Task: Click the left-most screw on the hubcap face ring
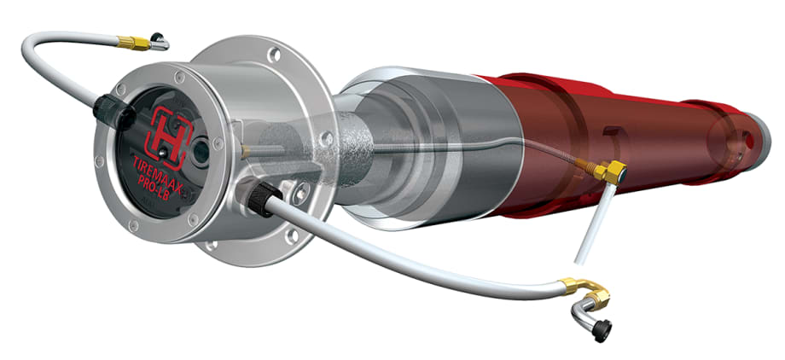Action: (101, 160)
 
